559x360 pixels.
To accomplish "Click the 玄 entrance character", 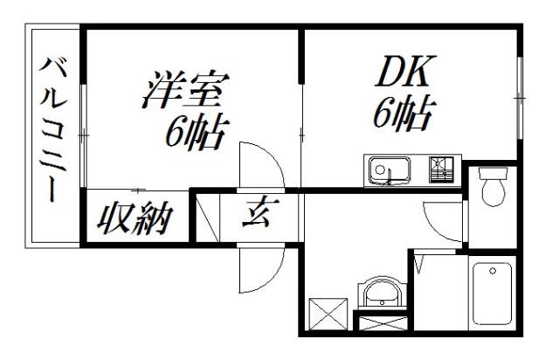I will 257,212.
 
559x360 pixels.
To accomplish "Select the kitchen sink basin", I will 384,169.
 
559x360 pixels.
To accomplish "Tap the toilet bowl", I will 494,190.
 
